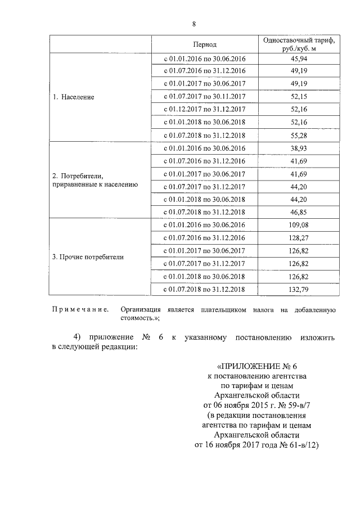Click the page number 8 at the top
tap(194, 24)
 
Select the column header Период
tap(204, 44)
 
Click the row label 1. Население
tap(74, 97)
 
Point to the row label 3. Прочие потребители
tap(88, 257)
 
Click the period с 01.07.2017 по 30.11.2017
tap(204, 97)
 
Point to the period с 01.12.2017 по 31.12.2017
tap(204, 110)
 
